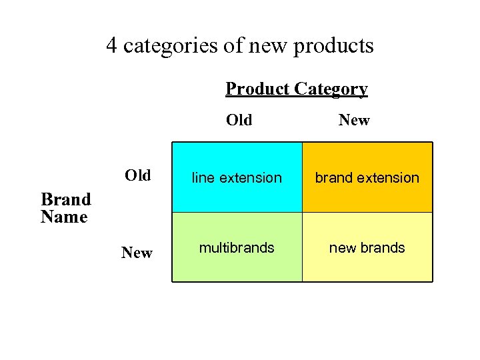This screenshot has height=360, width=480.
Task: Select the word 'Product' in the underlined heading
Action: (257, 89)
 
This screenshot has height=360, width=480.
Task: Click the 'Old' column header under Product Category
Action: (239, 120)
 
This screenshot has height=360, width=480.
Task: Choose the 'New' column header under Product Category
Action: (354, 120)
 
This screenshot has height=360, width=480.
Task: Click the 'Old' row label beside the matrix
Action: (138, 175)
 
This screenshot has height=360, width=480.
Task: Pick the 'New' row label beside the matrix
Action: (137, 253)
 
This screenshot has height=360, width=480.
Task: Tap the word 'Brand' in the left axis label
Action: (65, 199)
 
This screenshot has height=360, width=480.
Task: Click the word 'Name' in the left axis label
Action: (64, 217)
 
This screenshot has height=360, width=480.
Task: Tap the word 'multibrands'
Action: (237, 248)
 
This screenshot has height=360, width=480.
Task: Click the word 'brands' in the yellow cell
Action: (383, 248)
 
